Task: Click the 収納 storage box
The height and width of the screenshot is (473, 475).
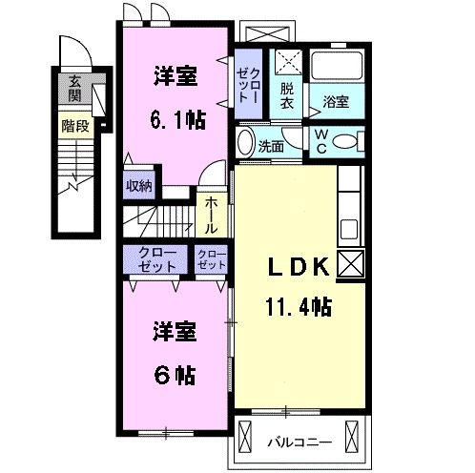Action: (139, 186)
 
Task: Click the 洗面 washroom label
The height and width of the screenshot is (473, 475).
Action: (271, 146)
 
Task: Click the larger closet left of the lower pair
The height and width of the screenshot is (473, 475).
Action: (155, 260)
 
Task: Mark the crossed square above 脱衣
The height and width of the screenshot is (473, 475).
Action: (287, 63)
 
